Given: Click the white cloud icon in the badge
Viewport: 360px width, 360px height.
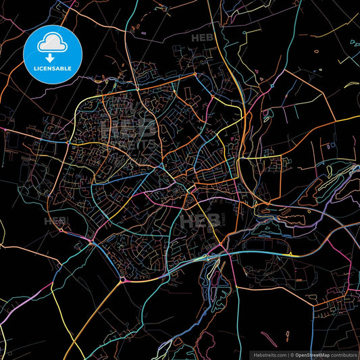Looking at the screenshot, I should point(53,45).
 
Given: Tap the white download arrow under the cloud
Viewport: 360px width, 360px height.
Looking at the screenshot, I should point(51,59).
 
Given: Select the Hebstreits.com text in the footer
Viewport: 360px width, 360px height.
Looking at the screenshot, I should point(268,354).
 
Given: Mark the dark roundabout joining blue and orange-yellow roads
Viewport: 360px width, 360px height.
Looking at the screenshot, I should point(122,278).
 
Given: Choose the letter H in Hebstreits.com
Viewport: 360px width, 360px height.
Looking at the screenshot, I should point(254,354).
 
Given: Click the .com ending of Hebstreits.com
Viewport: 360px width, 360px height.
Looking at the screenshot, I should point(279,354).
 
